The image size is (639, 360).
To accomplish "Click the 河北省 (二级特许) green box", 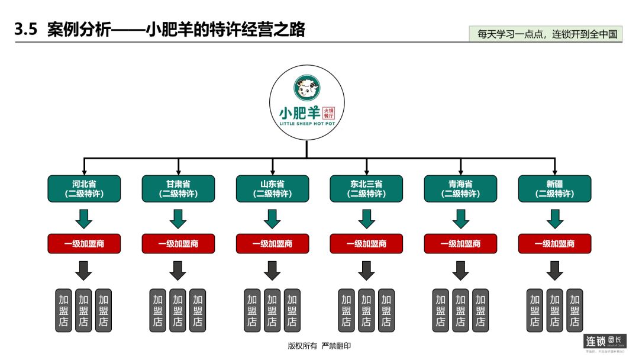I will pos(84,189).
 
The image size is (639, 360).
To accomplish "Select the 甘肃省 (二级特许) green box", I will pos(178,189).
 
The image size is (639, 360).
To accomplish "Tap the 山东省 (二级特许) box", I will pos(272,189).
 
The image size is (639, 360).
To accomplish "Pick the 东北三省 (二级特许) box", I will pos(366,189).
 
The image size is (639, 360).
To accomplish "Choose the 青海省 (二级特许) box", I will pos(460,189).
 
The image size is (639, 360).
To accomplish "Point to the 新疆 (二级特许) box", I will pos(554,189).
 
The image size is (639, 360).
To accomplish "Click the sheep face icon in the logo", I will pos(306,88).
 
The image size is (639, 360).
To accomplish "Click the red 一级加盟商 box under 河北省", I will pos(84,243).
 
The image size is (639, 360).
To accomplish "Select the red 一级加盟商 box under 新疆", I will pos(554,243).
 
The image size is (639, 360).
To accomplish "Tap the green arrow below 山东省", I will pos(272,218).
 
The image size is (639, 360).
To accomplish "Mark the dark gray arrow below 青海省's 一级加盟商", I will pos(460,271).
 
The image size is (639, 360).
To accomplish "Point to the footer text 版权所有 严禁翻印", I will pos(319,346).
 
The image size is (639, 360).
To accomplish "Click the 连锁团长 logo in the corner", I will pos(604,342).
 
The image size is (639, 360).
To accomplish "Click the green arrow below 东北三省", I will pos(366,218).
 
